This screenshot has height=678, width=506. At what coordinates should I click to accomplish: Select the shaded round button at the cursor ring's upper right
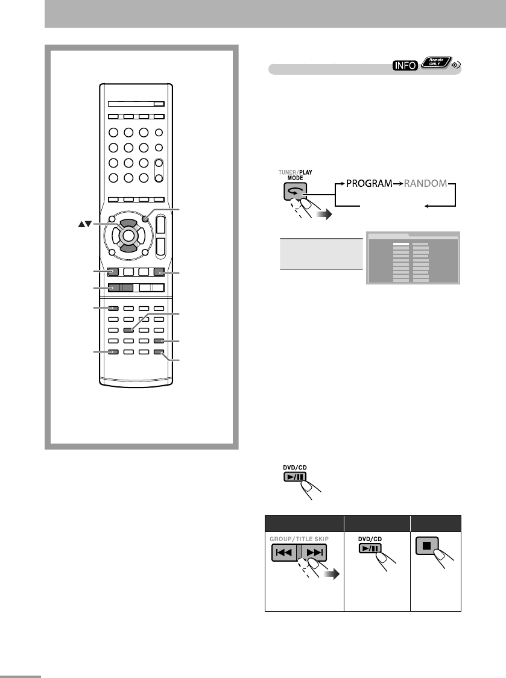(147, 219)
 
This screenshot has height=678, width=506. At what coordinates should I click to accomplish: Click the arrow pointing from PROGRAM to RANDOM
(397, 183)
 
